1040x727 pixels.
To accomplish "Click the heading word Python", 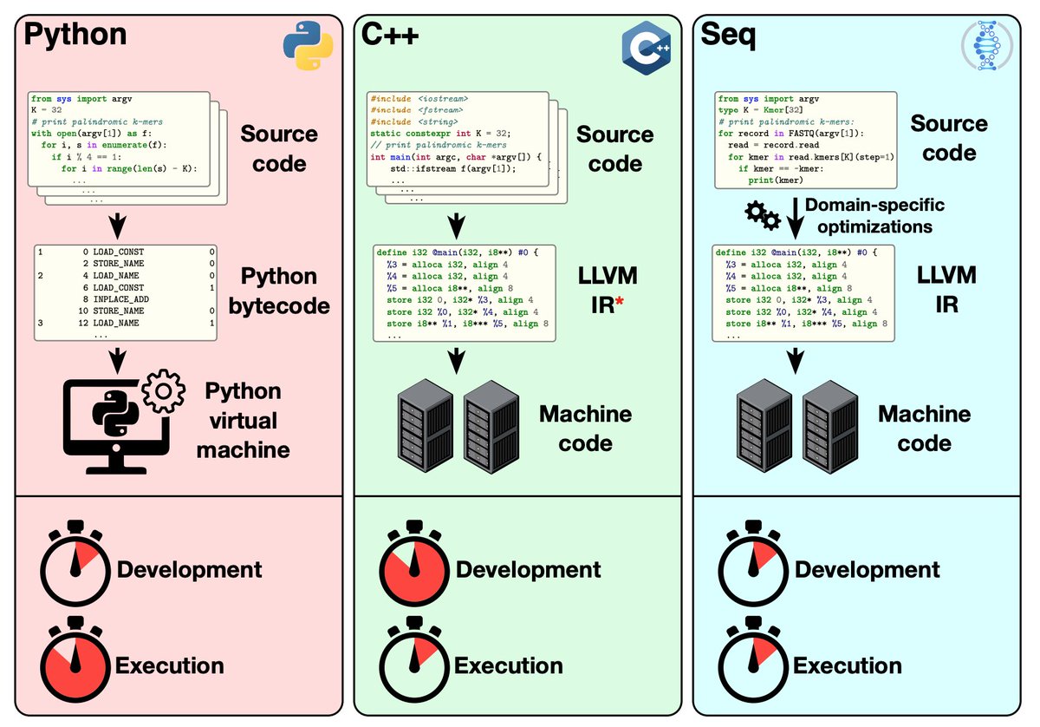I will click(75, 36).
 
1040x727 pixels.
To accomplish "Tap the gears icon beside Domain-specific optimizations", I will click(761, 216).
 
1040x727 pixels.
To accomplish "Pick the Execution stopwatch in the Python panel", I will click(75, 664).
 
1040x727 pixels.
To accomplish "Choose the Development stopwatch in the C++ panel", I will click(414, 569).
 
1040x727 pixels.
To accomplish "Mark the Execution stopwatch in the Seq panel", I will click(753, 664).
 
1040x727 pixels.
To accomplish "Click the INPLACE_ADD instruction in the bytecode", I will click(119, 299).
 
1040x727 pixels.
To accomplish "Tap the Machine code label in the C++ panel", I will click(585, 428).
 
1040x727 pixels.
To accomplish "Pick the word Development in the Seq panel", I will click(867, 569).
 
